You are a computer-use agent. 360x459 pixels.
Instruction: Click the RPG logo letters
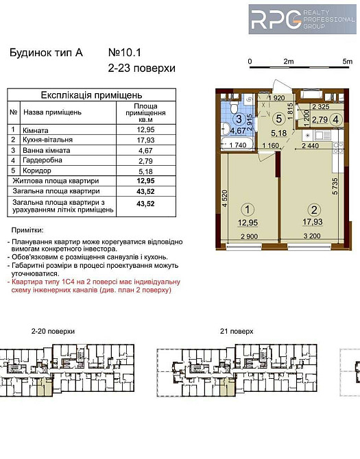(274, 20)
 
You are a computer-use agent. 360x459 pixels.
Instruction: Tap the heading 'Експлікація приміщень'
(91, 95)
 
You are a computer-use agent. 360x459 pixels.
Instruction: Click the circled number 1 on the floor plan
(248, 211)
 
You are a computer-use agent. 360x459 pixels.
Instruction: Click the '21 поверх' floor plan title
(237, 331)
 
